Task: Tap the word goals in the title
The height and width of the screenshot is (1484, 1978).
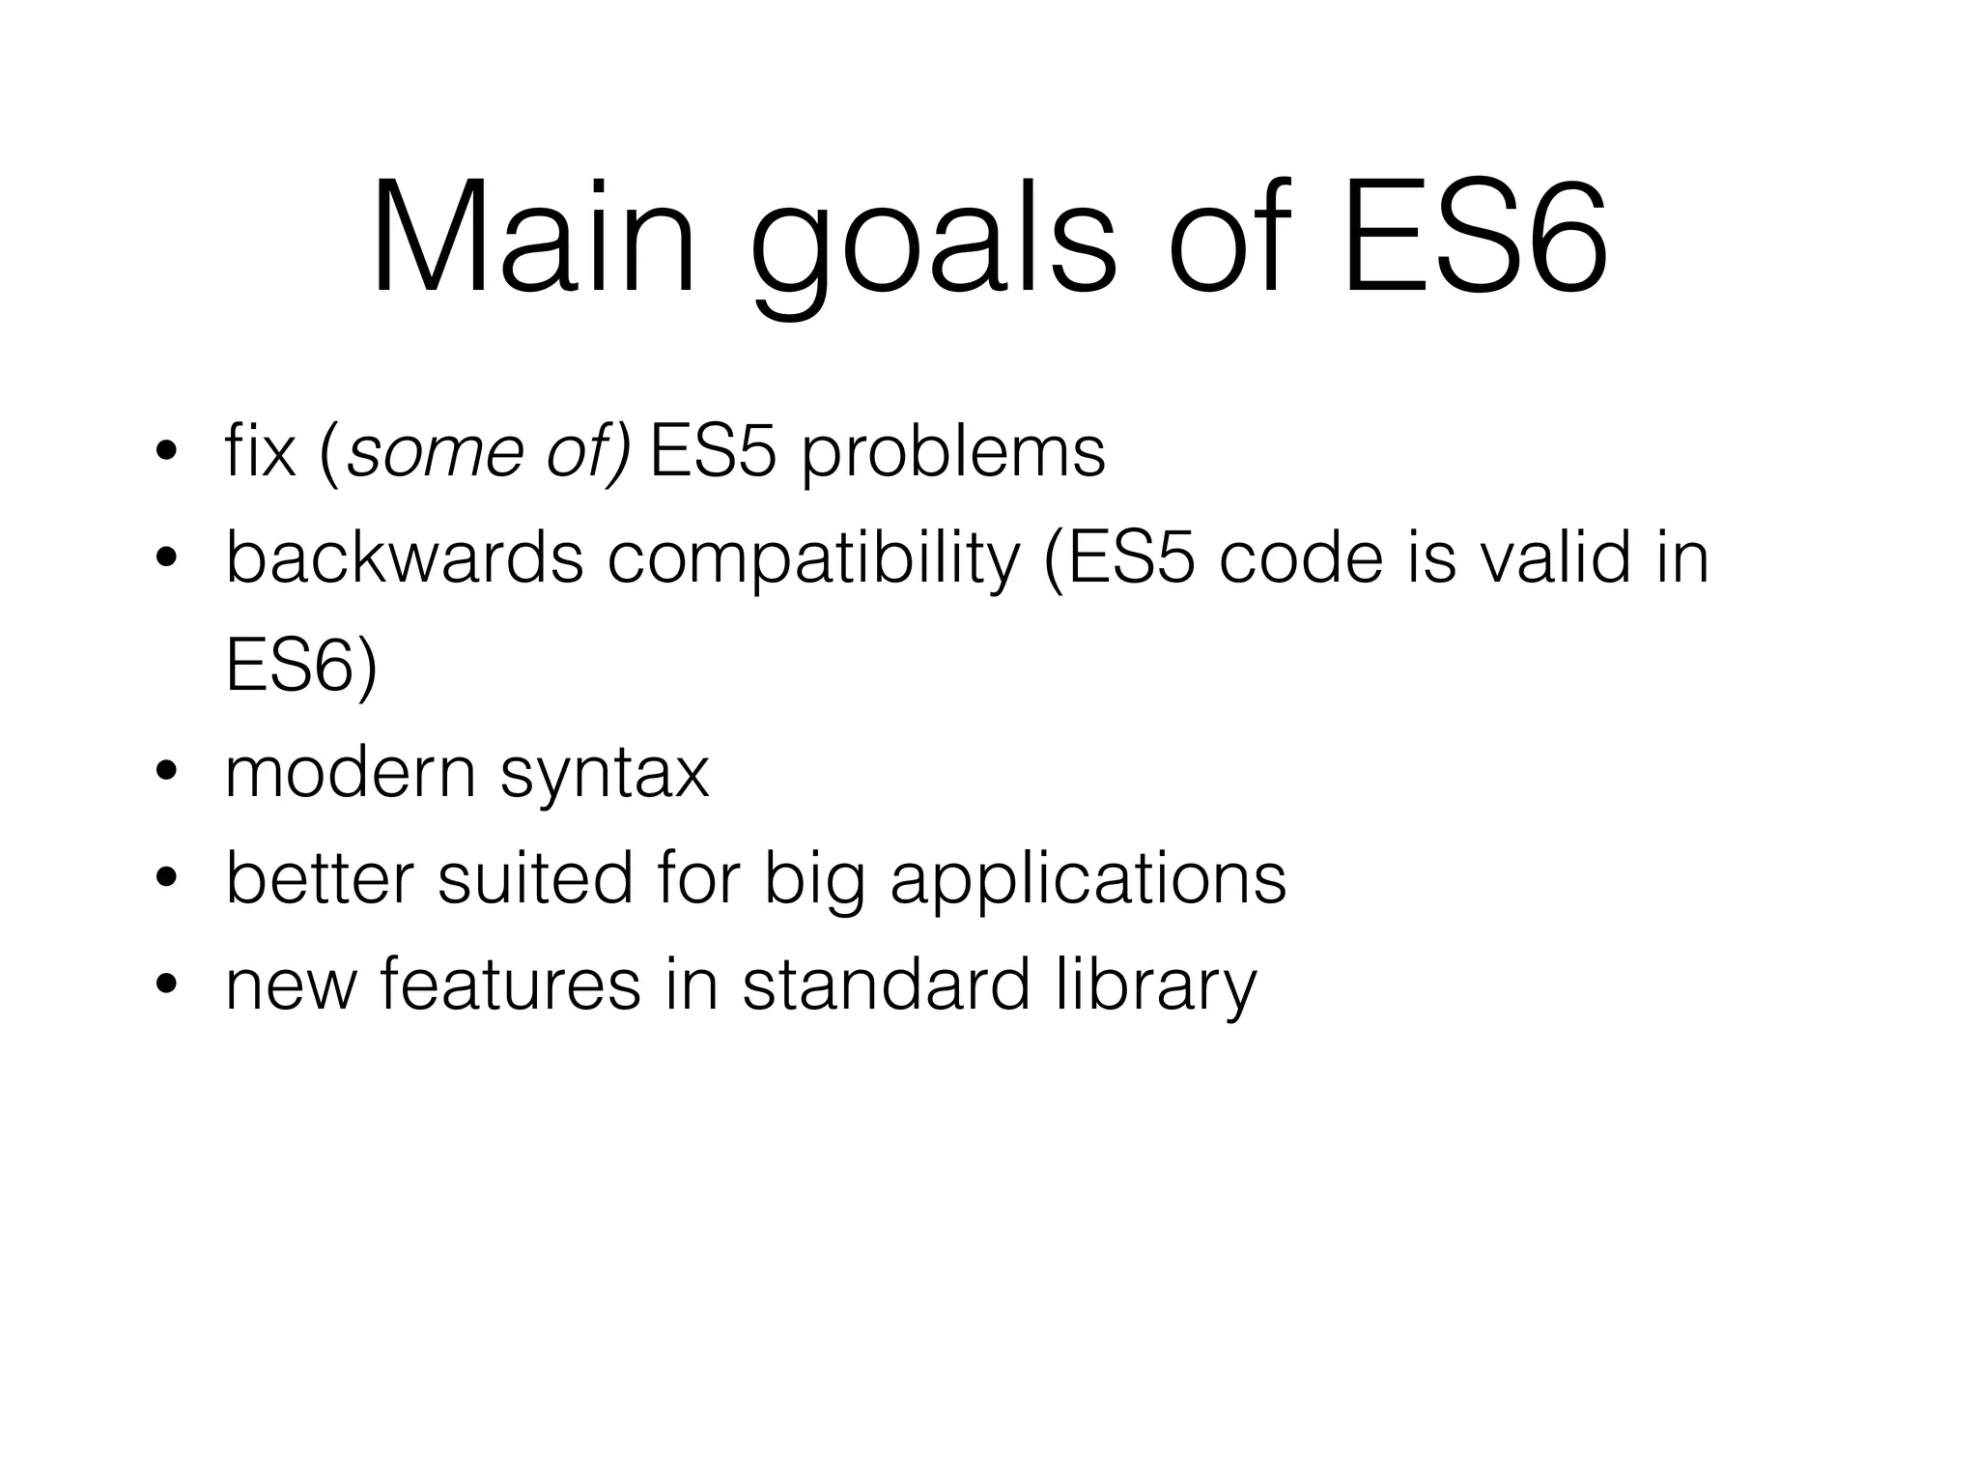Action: pyautogui.click(x=933, y=246)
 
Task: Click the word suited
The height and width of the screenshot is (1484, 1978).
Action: pyautogui.click(x=535, y=878)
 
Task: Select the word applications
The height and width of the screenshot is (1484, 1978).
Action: pyautogui.click(x=1088, y=880)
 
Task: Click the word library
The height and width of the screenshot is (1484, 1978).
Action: pyautogui.click(x=1155, y=986)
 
